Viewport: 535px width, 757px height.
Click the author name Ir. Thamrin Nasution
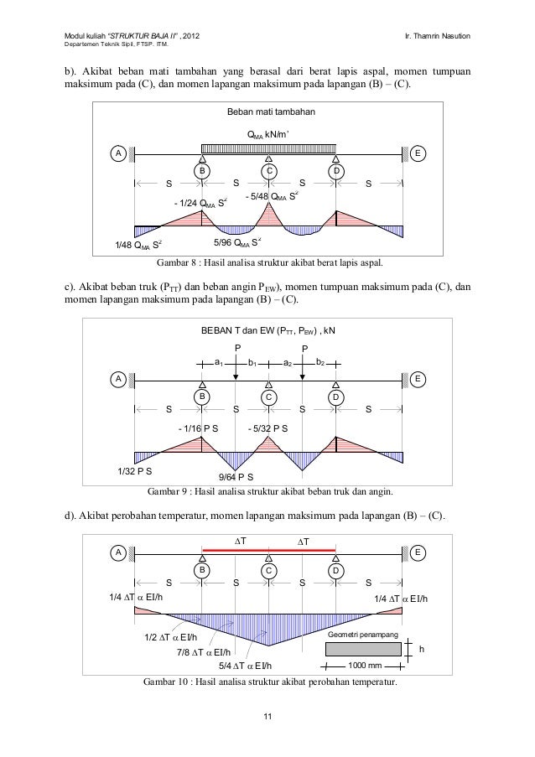[438, 35]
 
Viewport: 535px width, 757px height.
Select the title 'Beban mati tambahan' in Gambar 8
[267, 111]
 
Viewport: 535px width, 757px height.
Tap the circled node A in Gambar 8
[119, 153]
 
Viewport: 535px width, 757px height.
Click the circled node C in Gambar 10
[269, 570]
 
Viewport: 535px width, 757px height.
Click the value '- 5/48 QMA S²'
[272, 196]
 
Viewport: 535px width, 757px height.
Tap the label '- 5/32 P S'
[268, 428]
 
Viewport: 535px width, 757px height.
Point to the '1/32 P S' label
[136, 470]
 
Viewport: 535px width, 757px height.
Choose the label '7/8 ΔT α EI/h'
[205, 651]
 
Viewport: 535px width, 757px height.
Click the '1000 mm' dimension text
[364, 666]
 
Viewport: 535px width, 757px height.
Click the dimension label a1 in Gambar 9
[218, 362]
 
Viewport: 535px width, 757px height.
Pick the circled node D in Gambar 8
[335, 170]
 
